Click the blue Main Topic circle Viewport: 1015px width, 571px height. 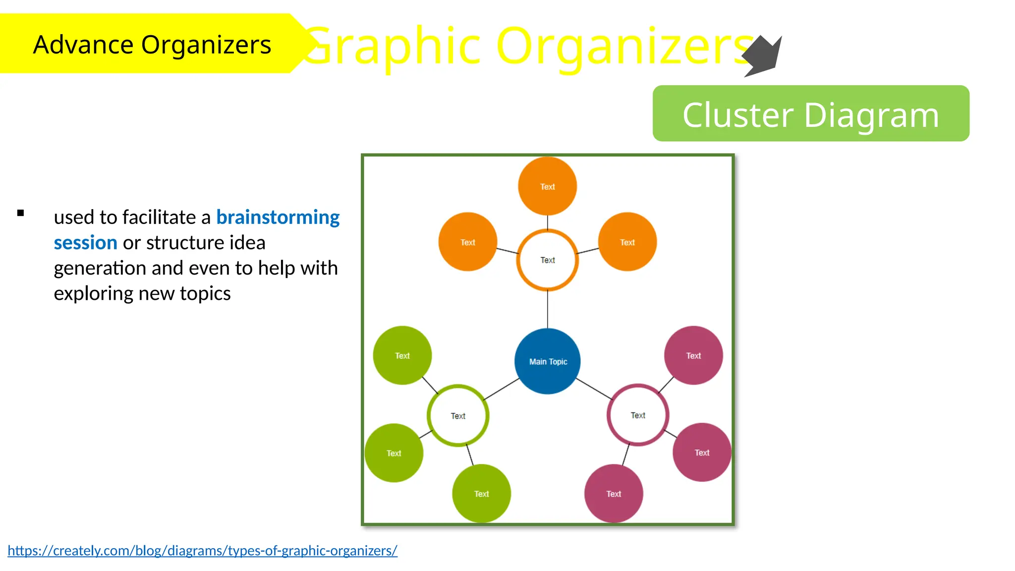coord(548,361)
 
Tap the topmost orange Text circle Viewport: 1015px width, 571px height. coord(547,186)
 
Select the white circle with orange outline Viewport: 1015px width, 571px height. coord(547,260)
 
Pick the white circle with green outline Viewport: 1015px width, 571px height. coord(458,415)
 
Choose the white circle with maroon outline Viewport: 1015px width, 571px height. coord(638,415)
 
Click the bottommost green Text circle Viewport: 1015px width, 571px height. coord(481,494)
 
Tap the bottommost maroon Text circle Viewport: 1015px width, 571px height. coord(614,494)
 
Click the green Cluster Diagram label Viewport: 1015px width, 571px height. coord(811,114)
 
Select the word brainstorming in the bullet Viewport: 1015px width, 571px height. coord(278,217)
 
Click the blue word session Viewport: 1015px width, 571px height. coord(85,243)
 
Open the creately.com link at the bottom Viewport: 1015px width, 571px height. coord(202,550)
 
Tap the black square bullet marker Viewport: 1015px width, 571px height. coord(20,213)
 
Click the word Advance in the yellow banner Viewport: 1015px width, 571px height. coord(83,45)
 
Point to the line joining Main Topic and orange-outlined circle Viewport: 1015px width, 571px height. coord(548,309)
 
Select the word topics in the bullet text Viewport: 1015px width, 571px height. coord(205,293)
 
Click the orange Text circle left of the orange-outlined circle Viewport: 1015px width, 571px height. coord(467,242)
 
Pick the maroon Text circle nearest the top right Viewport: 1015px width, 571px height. coord(693,355)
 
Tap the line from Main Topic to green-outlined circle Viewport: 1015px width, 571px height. coord(502,389)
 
